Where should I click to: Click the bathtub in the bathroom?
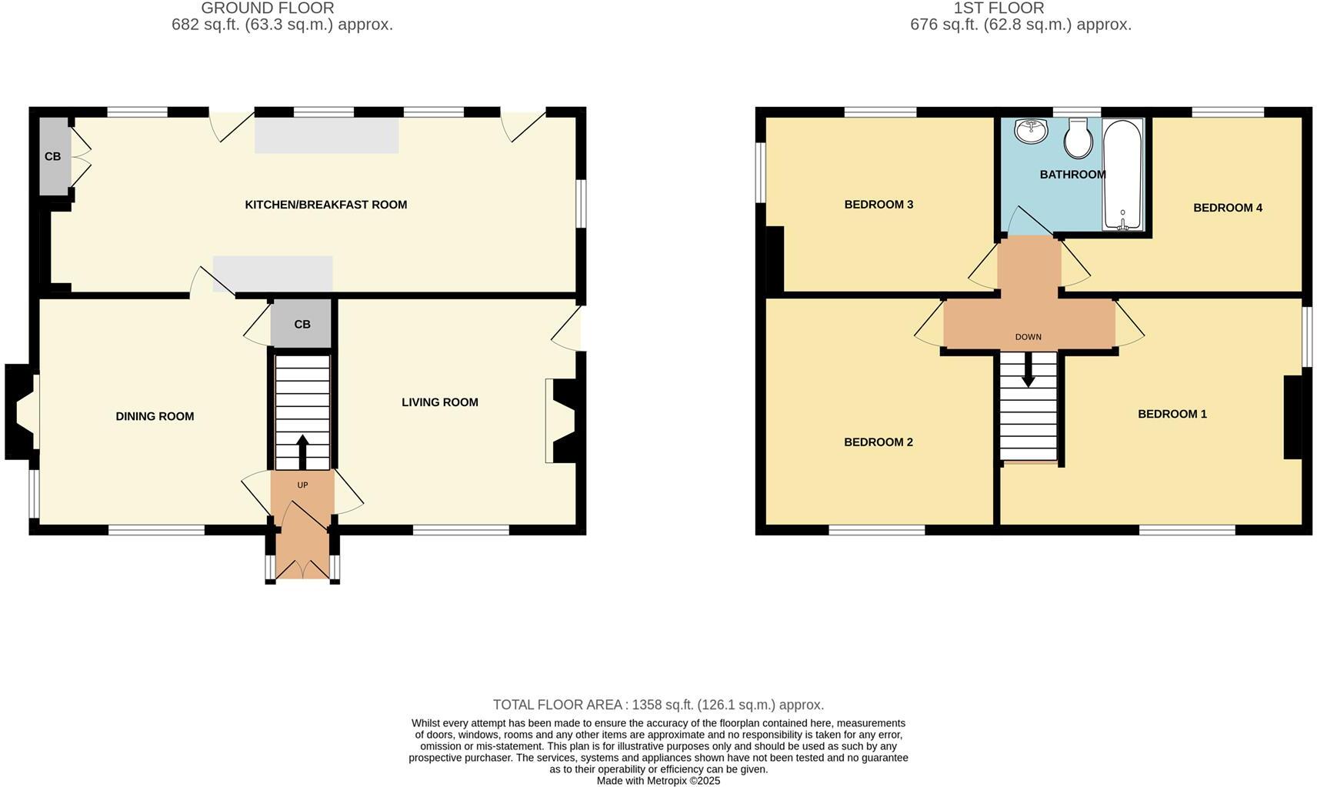pos(1123,175)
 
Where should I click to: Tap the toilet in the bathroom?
pos(1079,138)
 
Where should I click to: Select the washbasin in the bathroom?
pos(1030,131)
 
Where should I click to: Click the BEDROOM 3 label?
pos(879,205)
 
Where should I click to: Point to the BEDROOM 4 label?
pos(1227,208)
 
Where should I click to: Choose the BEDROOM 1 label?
pos(1172,414)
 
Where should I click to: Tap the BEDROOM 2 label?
pos(878,442)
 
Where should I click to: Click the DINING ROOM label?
pos(155,416)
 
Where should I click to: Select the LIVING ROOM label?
pos(439,402)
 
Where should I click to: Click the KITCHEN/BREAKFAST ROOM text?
pos(325,205)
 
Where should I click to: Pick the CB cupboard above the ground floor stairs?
pos(302,325)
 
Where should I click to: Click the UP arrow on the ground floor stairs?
pos(302,451)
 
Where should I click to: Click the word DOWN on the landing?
pos(1028,337)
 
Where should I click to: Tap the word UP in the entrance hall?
pos(302,485)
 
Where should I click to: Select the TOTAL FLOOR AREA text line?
pos(658,705)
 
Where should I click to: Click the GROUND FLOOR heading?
pos(267,8)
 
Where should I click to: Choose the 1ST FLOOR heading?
pos(999,8)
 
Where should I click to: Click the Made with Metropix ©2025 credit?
pos(658,781)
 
